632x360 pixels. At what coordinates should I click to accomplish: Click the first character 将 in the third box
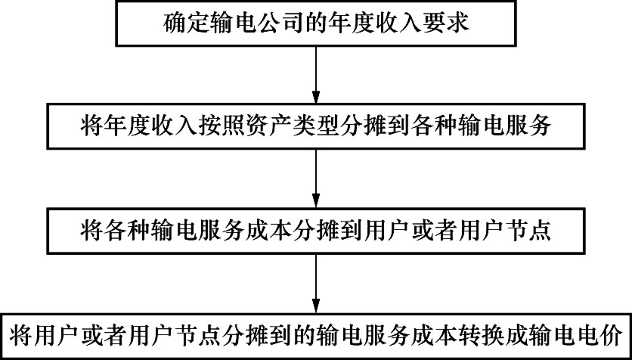point(90,231)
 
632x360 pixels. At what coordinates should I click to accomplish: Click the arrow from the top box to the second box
point(316,76)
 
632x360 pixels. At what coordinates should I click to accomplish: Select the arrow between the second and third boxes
point(316,179)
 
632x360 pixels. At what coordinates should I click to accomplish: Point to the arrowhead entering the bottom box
point(316,306)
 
